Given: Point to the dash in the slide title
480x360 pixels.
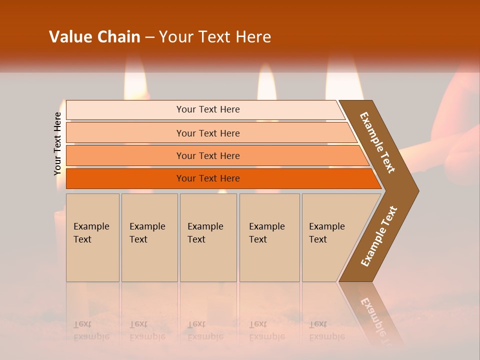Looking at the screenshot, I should pos(149,37).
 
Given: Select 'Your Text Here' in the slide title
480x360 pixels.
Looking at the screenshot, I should pos(215,37).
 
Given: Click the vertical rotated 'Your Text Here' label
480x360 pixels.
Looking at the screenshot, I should pos(57,144).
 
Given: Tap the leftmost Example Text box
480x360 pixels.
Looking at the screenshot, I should pos(92,237).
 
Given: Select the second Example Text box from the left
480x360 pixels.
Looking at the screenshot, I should pos(149,237).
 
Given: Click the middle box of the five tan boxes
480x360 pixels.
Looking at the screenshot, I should pos(208,237).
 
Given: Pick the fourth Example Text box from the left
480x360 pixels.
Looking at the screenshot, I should pos(269,237).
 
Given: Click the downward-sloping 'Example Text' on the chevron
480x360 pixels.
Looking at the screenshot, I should pos(377,142).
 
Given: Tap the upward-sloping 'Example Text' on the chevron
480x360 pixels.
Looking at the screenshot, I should pos(378,236).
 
